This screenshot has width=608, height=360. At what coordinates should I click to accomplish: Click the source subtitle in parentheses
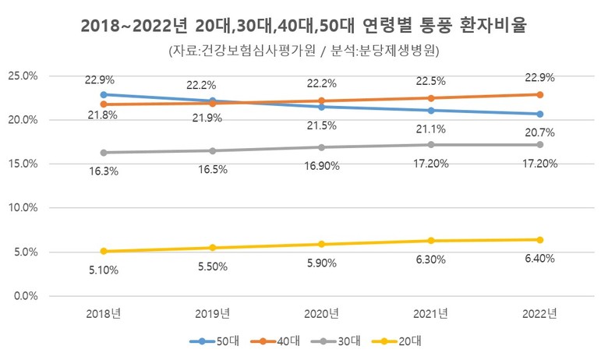tap(303, 51)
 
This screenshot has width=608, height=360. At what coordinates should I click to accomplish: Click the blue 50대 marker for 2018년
tap(104, 94)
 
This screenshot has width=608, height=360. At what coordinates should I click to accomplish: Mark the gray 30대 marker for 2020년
tap(321, 147)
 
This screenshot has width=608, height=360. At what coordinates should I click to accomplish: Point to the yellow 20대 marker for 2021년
tap(430, 241)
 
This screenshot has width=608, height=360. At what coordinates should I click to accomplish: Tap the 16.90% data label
tap(321, 166)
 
